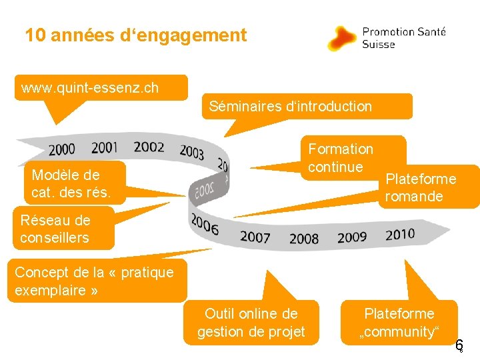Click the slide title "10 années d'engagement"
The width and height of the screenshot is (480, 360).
(136, 35)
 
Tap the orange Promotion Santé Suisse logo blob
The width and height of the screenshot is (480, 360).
(343, 38)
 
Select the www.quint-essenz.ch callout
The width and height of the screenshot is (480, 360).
(100, 88)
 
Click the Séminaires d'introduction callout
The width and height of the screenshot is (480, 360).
(307, 106)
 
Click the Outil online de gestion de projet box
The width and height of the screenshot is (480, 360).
(251, 323)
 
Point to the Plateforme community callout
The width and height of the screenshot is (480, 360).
(399, 323)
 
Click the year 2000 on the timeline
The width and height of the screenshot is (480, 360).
(62, 149)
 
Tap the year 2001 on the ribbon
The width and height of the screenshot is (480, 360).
(105, 147)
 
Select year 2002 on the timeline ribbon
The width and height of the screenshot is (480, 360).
(149, 147)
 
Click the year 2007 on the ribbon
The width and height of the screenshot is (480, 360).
(255, 237)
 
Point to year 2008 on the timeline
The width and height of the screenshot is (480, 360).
(304, 238)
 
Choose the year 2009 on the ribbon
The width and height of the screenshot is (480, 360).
(352, 237)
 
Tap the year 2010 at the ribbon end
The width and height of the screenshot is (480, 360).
(400, 234)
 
